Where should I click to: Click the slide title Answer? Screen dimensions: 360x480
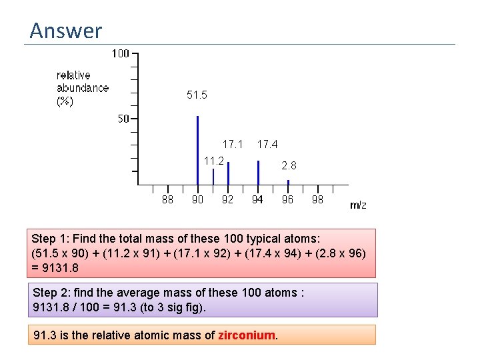pos(66,31)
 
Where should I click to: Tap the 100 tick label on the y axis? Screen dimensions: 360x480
pos(120,53)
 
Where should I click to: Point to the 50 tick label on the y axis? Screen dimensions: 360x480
pos(123,119)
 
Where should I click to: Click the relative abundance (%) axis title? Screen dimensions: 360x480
pos(82,88)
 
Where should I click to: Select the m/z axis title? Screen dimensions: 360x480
pos(358,205)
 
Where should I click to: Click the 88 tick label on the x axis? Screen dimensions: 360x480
pos(168,199)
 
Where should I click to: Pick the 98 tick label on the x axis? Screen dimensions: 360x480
pos(317,199)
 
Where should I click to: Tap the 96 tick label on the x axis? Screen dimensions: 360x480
pos(287,199)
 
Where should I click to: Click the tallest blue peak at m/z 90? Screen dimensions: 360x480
pos(198,150)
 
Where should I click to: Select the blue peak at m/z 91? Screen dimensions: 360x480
pos(213,176)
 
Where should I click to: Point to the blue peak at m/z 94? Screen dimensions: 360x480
pos(258,172)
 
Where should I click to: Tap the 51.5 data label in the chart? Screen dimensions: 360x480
pos(197,95)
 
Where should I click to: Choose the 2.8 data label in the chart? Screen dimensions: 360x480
pos(289,165)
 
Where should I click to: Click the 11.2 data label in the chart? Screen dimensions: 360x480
pos(213,161)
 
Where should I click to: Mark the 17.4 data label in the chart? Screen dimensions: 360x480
pos(267,144)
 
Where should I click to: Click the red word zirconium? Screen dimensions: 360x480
pos(247,335)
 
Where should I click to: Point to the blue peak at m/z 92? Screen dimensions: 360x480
pos(228,173)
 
